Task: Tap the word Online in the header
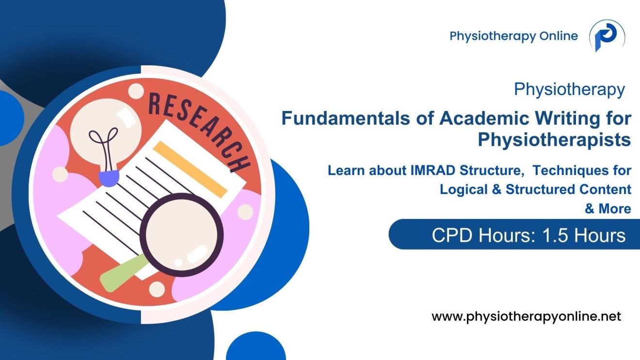(559, 36)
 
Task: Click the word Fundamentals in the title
(346, 118)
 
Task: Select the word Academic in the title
(484, 118)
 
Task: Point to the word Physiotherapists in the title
(554, 140)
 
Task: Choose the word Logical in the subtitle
(464, 189)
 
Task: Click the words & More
(608, 209)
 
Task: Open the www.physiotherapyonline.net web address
(526, 316)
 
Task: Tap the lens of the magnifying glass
(181, 235)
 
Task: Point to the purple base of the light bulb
(109, 178)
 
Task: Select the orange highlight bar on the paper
(190, 169)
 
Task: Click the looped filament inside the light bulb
(105, 148)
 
